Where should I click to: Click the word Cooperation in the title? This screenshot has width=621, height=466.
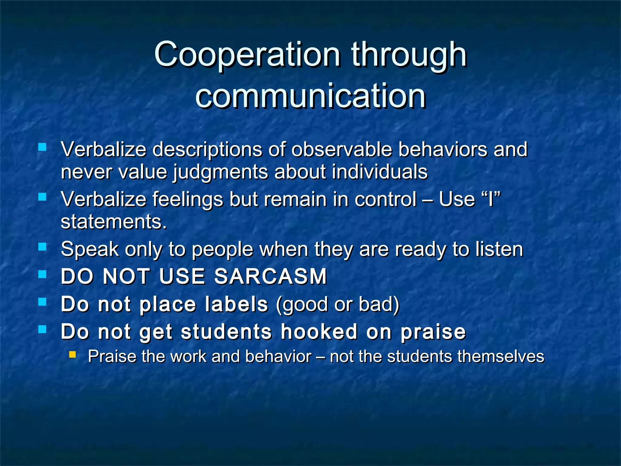pyautogui.click(x=247, y=55)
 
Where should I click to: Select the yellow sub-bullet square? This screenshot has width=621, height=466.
pyautogui.click(x=72, y=354)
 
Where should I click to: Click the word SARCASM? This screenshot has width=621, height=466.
pyautogui.click(x=270, y=276)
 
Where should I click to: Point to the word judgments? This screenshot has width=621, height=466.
pyautogui.click(x=221, y=172)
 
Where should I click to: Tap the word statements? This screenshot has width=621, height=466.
pyautogui.click(x=114, y=222)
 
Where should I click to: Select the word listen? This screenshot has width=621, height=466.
pyautogui.click(x=499, y=249)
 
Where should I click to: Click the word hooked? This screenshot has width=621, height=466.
pyautogui.click(x=319, y=332)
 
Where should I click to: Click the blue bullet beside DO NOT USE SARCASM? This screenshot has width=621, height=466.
pyautogui.click(x=42, y=274)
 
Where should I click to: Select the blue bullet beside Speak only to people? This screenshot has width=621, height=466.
pyautogui.click(x=42, y=247)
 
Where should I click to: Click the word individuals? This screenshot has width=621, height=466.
pyautogui.click(x=380, y=172)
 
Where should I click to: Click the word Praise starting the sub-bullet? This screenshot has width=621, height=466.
pyautogui.click(x=112, y=356)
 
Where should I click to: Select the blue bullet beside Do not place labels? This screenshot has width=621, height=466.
pyautogui.click(x=42, y=302)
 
